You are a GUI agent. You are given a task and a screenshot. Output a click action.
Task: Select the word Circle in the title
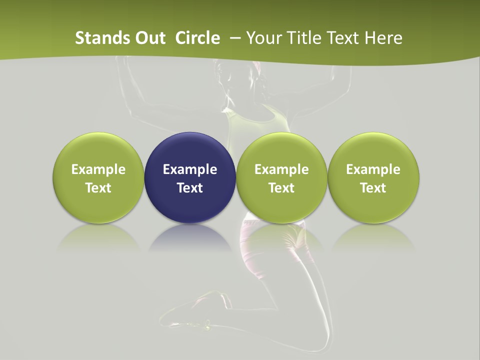pos(197,38)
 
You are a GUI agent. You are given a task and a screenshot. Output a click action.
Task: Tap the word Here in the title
pos(382,38)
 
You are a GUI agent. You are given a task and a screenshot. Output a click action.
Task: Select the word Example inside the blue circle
pos(190,169)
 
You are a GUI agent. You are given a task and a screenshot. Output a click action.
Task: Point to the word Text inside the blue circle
pos(190,188)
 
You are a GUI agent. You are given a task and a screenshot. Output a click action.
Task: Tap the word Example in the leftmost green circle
pos(98,169)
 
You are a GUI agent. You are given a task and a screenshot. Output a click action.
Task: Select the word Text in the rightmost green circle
pos(373,188)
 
